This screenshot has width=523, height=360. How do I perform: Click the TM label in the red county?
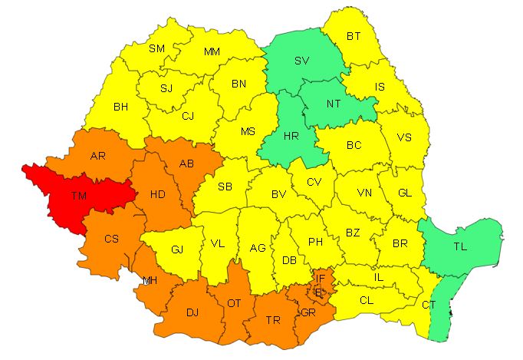tap(78, 196)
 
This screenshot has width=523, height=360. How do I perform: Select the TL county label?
tap(459, 247)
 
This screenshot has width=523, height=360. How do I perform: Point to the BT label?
tap(354, 36)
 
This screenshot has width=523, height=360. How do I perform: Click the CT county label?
tap(429, 306)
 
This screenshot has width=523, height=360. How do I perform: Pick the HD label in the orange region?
tap(158, 194)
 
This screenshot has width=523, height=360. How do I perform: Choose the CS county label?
tap(112, 239)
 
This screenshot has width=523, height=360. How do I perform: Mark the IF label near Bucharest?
tap(321, 279)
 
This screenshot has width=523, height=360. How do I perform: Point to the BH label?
tap(120, 107)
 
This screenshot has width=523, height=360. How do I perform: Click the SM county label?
tap(156, 48)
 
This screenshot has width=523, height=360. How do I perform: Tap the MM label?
tap(212, 51)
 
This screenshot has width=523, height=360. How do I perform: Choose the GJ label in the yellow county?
tap(177, 249)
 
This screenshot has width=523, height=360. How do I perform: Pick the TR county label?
tap(271, 320)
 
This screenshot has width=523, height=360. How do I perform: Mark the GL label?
tap(404, 193)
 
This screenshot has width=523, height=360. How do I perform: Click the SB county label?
tap(225, 187)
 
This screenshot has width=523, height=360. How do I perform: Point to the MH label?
tap(150, 280)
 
